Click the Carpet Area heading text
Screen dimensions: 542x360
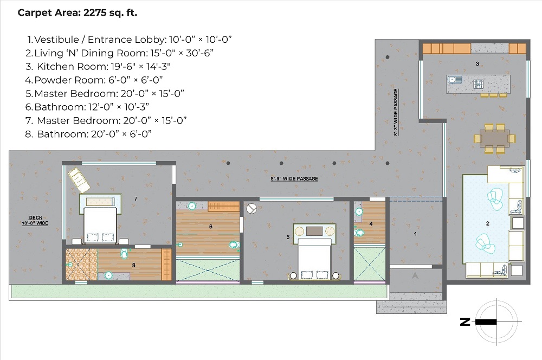pos(78,13)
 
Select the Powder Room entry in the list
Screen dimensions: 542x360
pos(94,80)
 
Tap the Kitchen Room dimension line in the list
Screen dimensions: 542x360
pos(98,66)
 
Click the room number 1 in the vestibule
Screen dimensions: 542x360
pos(416,234)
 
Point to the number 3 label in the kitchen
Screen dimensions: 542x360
pos(478,63)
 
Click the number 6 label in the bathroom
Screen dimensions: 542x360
pos(210,227)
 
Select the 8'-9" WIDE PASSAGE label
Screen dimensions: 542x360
pos(294,179)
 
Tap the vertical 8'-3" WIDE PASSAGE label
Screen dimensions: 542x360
pos(396,112)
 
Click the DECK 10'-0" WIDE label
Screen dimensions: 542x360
pos(35,220)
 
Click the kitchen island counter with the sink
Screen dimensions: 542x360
pos(478,84)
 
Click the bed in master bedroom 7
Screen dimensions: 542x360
pos(100,218)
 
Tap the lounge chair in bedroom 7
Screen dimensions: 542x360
pos(79,180)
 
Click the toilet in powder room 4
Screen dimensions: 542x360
pos(359,233)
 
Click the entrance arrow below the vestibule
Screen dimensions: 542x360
pos(415,275)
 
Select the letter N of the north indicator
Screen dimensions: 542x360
pos(465,322)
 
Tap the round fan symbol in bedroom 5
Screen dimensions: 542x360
pos(251,209)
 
